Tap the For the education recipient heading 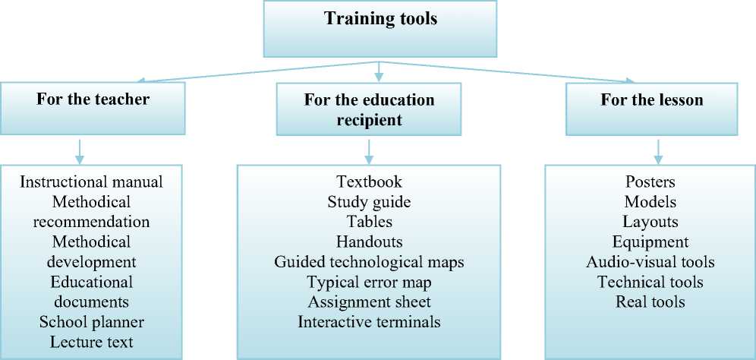pos(369,109)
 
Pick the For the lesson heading pos(651,99)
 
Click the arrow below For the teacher pos(80,150)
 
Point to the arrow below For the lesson pos(658,150)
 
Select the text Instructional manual pos(92,182)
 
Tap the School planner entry pos(92,321)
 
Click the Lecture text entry pos(92,341)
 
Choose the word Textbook pos(369,182)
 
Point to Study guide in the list pos(369,202)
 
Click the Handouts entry pos(369,242)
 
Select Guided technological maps pos(369,262)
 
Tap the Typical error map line pos(369,282)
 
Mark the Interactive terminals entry pos(369,321)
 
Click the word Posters pos(650,182)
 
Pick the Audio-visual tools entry pos(650,262)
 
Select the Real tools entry pos(650,302)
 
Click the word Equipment pos(650,242)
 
